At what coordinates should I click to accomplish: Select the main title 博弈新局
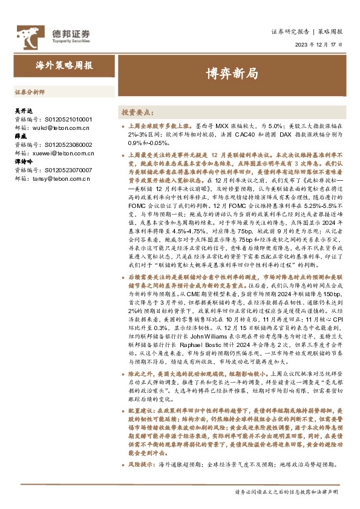pyautogui.click(x=231, y=74)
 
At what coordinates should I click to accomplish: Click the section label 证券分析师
pyautogui.click(x=29, y=93)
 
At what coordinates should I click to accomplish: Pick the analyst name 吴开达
pyautogui.click(x=22, y=112)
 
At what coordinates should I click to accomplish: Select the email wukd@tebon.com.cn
pyautogui.click(x=59, y=128)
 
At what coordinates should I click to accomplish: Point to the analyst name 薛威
pyautogui.click(x=20, y=137)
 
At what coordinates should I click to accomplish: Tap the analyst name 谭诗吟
pyautogui.click(x=22, y=163)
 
